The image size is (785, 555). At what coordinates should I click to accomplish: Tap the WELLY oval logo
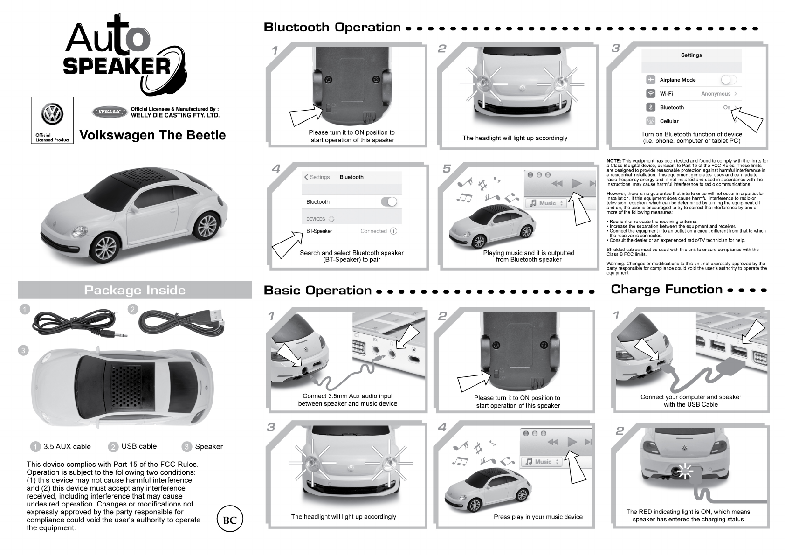[110, 112]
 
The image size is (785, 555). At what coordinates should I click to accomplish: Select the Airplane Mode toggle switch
[728, 80]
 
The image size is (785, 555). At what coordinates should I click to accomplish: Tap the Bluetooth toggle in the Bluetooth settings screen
[389, 201]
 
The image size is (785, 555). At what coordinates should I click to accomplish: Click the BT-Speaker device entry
[319, 231]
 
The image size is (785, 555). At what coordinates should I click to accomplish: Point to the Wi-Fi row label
[666, 94]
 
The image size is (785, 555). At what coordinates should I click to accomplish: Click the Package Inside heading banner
[135, 290]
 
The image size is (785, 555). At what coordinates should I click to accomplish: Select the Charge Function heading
[667, 290]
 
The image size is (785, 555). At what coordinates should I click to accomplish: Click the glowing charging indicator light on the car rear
[684, 472]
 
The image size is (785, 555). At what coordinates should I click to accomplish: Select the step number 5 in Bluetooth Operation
[447, 169]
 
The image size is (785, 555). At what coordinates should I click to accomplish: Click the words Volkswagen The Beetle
[153, 135]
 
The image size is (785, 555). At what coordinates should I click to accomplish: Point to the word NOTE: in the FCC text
[614, 161]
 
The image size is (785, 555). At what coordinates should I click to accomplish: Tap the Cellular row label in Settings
[669, 121]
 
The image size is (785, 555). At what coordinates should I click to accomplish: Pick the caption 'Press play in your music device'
[538, 517]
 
